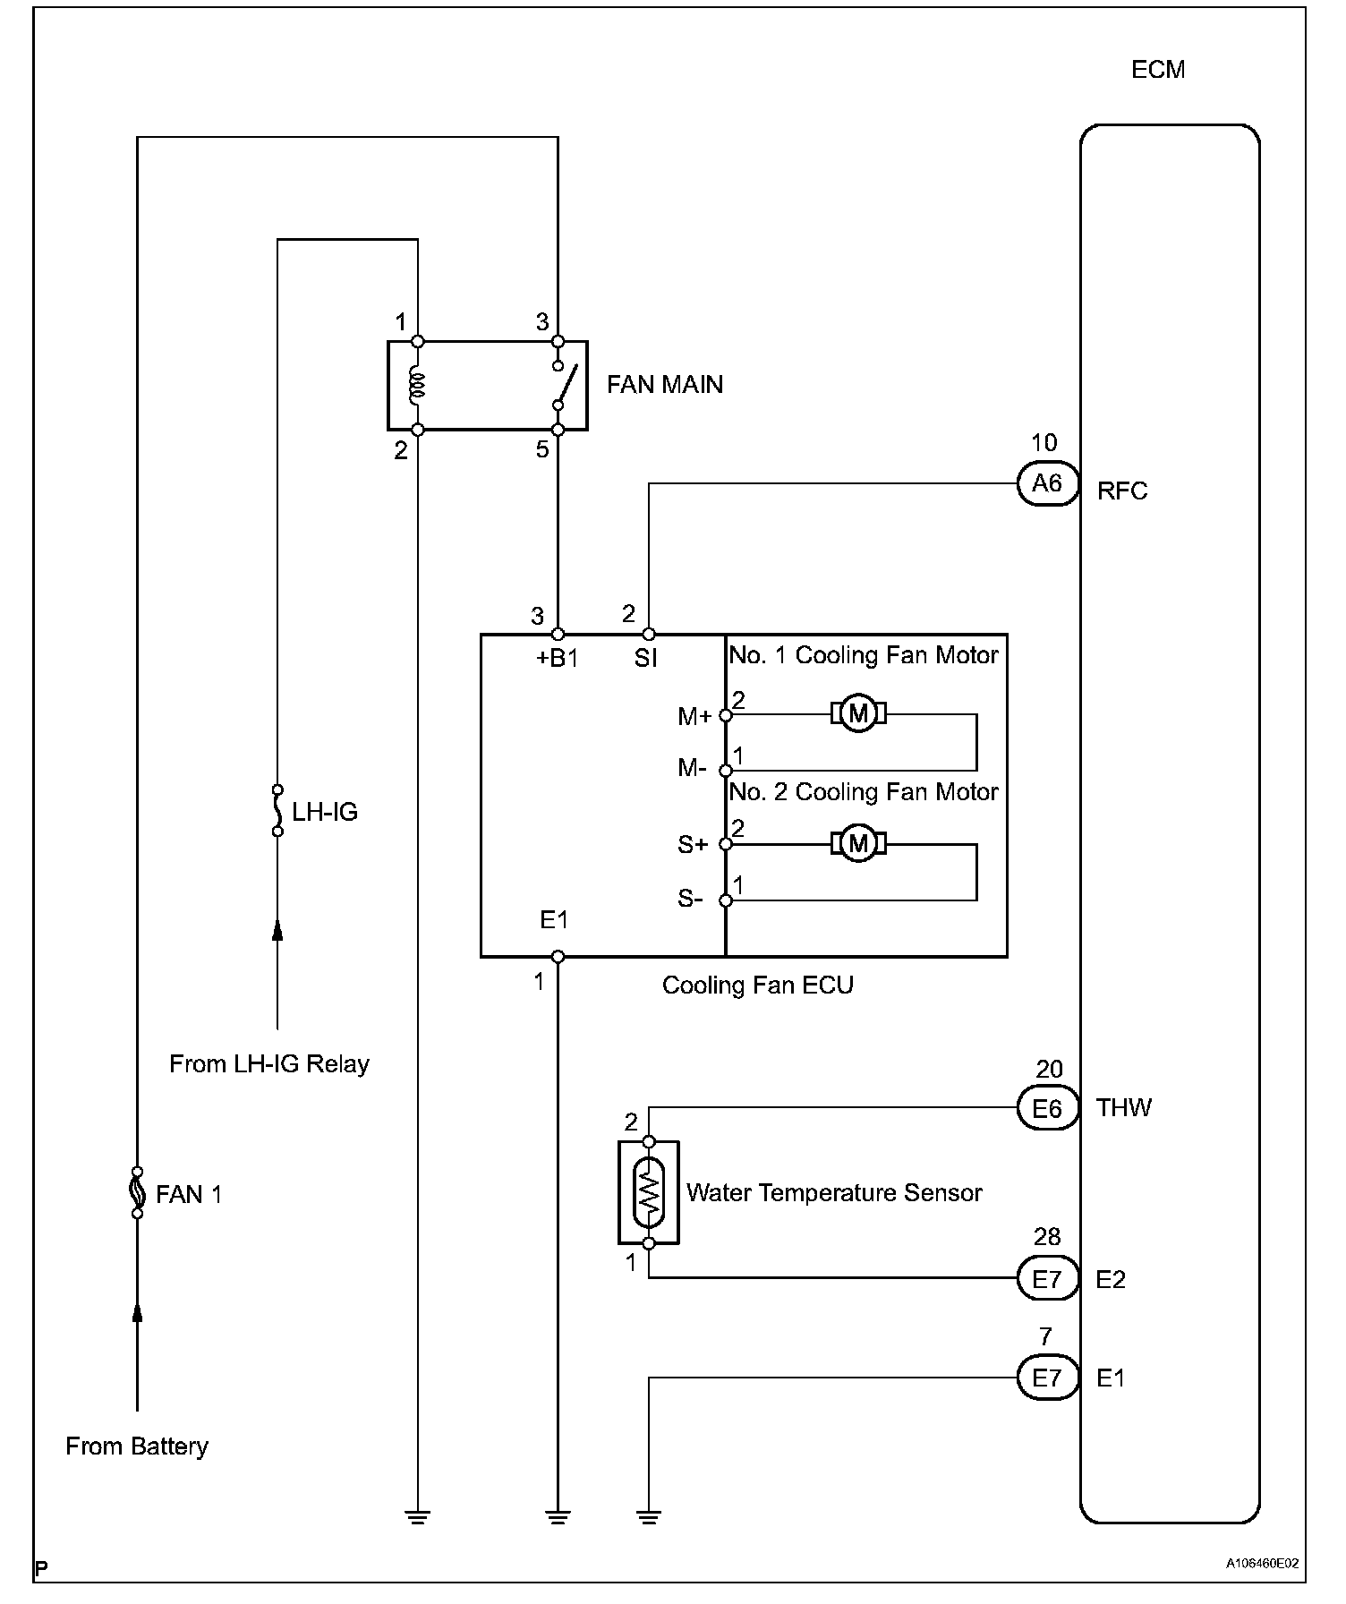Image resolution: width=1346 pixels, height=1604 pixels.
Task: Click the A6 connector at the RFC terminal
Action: [x=1047, y=484]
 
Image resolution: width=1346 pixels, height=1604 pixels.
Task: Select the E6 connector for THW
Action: [x=1047, y=1109]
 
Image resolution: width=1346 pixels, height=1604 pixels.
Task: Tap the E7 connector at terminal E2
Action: [x=1047, y=1279]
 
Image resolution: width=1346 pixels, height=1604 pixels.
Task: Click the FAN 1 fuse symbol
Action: [x=137, y=1192]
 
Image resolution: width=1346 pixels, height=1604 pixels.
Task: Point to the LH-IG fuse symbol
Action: [x=277, y=810]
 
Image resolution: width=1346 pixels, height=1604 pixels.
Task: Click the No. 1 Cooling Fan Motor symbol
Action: [x=858, y=713]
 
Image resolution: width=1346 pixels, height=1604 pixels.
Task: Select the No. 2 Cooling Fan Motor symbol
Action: [x=858, y=843]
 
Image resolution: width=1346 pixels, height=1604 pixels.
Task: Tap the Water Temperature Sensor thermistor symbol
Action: [x=649, y=1192]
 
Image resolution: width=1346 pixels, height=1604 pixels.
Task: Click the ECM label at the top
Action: [x=1158, y=70]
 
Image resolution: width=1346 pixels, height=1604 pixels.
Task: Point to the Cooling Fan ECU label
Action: [x=757, y=985]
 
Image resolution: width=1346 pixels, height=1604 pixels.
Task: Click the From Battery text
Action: [x=137, y=1446]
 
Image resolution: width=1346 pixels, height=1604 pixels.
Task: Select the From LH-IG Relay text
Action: [x=269, y=1064]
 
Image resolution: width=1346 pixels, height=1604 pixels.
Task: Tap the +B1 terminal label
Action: [x=557, y=659]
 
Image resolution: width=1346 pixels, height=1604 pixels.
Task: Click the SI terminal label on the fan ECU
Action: [x=645, y=659]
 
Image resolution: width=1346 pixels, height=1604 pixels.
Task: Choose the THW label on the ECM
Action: [x=1124, y=1108]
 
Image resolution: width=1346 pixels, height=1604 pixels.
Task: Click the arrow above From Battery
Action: [x=137, y=1314]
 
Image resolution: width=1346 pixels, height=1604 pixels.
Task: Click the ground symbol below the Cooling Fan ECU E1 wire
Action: [x=558, y=1516]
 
